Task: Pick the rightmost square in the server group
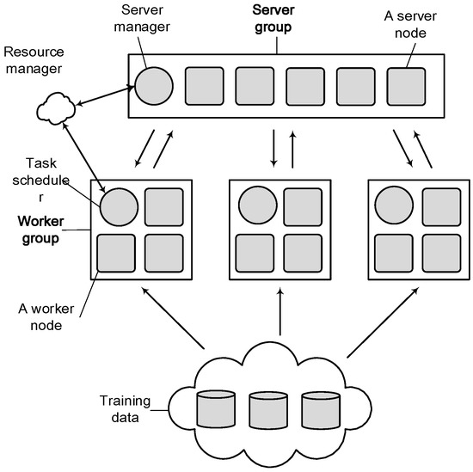tap(404, 87)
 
